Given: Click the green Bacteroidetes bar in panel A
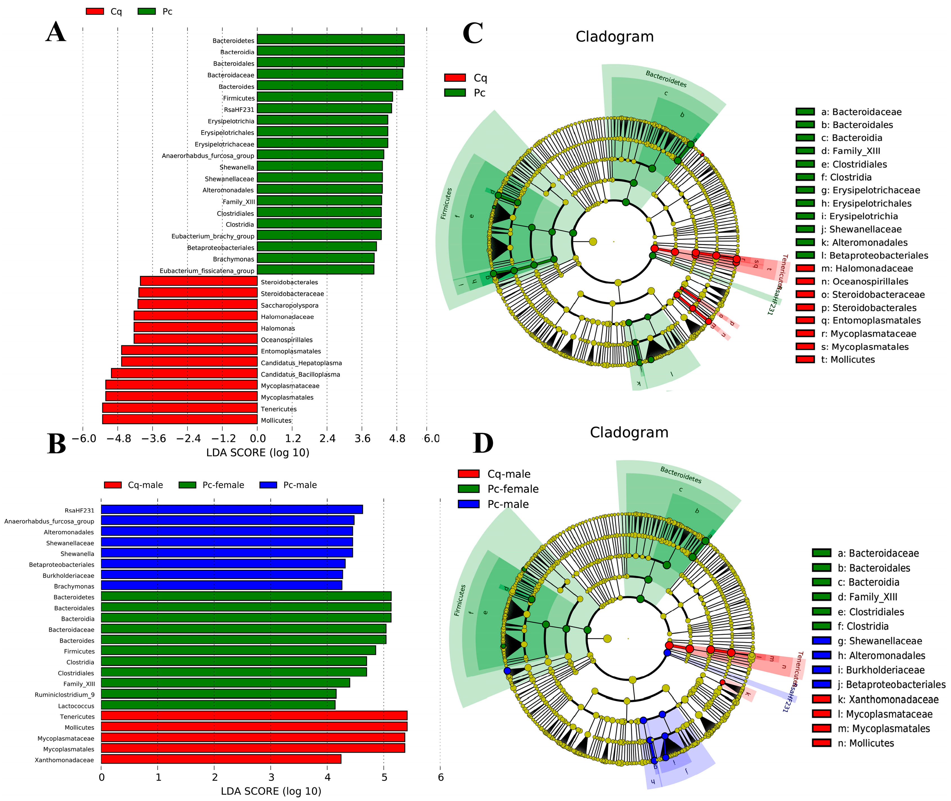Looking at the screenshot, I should [330, 39].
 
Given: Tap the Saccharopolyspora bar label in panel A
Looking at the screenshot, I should [289, 306].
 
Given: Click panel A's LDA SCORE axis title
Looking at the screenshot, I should [258, 453].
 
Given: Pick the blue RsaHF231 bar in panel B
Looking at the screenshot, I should [231, 509].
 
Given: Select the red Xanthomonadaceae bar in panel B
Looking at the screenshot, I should [221, 759].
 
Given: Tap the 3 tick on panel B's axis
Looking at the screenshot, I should [271, 777].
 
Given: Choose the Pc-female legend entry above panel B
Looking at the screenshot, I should [223, 485].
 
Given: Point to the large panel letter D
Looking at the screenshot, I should [483, 443].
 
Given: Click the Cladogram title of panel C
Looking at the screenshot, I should [614, 37].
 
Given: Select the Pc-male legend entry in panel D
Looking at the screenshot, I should [508, 504].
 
